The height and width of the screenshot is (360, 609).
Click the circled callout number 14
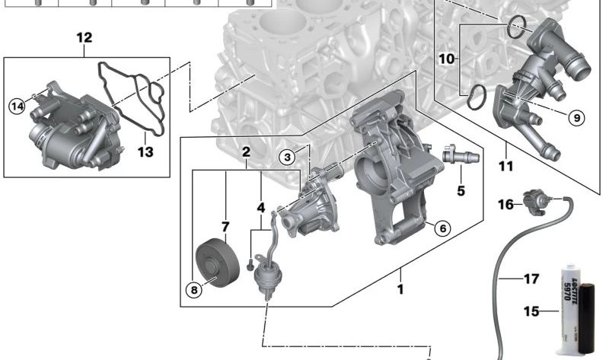click(x=17, y=107)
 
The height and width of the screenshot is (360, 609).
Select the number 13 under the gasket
click(x=145, y=152)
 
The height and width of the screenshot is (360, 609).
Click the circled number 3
click(x=286, y=158)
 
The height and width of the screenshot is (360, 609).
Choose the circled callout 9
click(x=576, y=117)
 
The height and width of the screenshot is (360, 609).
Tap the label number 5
click(x=461, y=190)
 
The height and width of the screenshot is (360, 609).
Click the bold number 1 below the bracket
click(x=401, y=290)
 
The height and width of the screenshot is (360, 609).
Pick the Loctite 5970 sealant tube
click(x=576, y=308)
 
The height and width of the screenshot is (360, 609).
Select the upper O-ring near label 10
click(x=516, y=28)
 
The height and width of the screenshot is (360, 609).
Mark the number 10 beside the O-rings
click(x=447, y=58)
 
